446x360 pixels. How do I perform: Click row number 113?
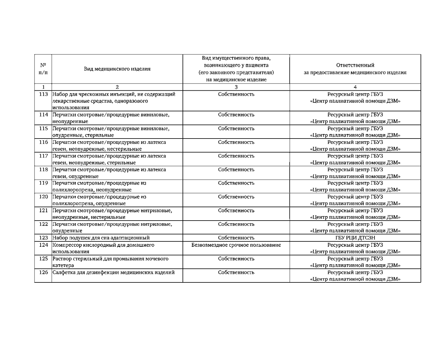[43, 94]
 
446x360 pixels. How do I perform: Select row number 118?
[43, 170]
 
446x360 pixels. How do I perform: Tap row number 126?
[43, 272]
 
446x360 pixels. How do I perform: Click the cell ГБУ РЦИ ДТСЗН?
[355, 238]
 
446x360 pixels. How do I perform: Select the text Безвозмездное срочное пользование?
[236, 245]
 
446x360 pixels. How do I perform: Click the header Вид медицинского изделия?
[117, 69]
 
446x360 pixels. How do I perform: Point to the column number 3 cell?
[236, 87]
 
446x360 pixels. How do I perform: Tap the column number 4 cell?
[355, 87]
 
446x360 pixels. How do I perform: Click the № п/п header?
[43, 69]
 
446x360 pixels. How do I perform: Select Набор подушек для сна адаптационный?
[101, 238]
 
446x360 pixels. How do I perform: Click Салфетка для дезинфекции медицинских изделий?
[113, 272]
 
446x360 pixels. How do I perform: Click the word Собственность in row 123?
[236, 238]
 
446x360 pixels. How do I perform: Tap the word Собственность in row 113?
[236, 94]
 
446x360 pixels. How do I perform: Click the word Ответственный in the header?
[355, 65]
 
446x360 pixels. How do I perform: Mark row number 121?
[43, 211]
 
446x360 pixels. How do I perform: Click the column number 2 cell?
[117, 87]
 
